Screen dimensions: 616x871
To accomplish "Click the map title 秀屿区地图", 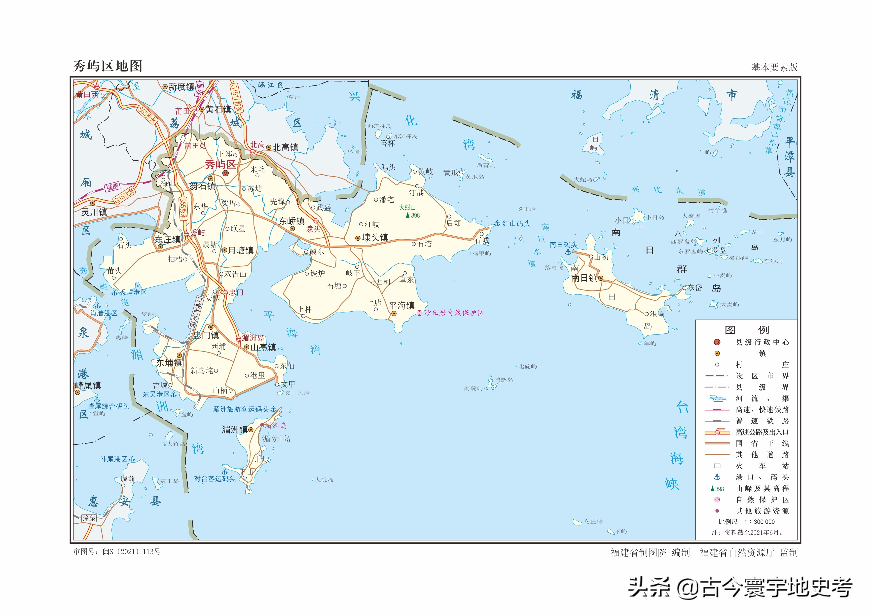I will click(x=108, y=66).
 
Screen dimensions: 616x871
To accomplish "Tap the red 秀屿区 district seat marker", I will click(x=225, y=173).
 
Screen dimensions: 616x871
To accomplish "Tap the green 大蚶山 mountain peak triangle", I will click(x=407, y=215).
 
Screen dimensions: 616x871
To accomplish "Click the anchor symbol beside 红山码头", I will click(x=497, y=223).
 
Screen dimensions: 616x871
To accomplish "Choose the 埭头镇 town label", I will click(x=375, y=237).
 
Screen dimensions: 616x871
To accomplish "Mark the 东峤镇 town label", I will click(x=292, y=221).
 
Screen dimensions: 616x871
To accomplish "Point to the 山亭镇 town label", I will click(x=263, y=347).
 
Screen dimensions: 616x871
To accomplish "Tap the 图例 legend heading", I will click(x=746, y=330).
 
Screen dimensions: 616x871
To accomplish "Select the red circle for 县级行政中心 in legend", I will click(x=717, y=342).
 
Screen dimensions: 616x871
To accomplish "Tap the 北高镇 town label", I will click(x=285, y=147).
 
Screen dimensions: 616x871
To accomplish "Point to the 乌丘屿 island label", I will click(x=593, y=522).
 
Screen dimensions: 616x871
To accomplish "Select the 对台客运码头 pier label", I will click(x=215, y=479).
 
